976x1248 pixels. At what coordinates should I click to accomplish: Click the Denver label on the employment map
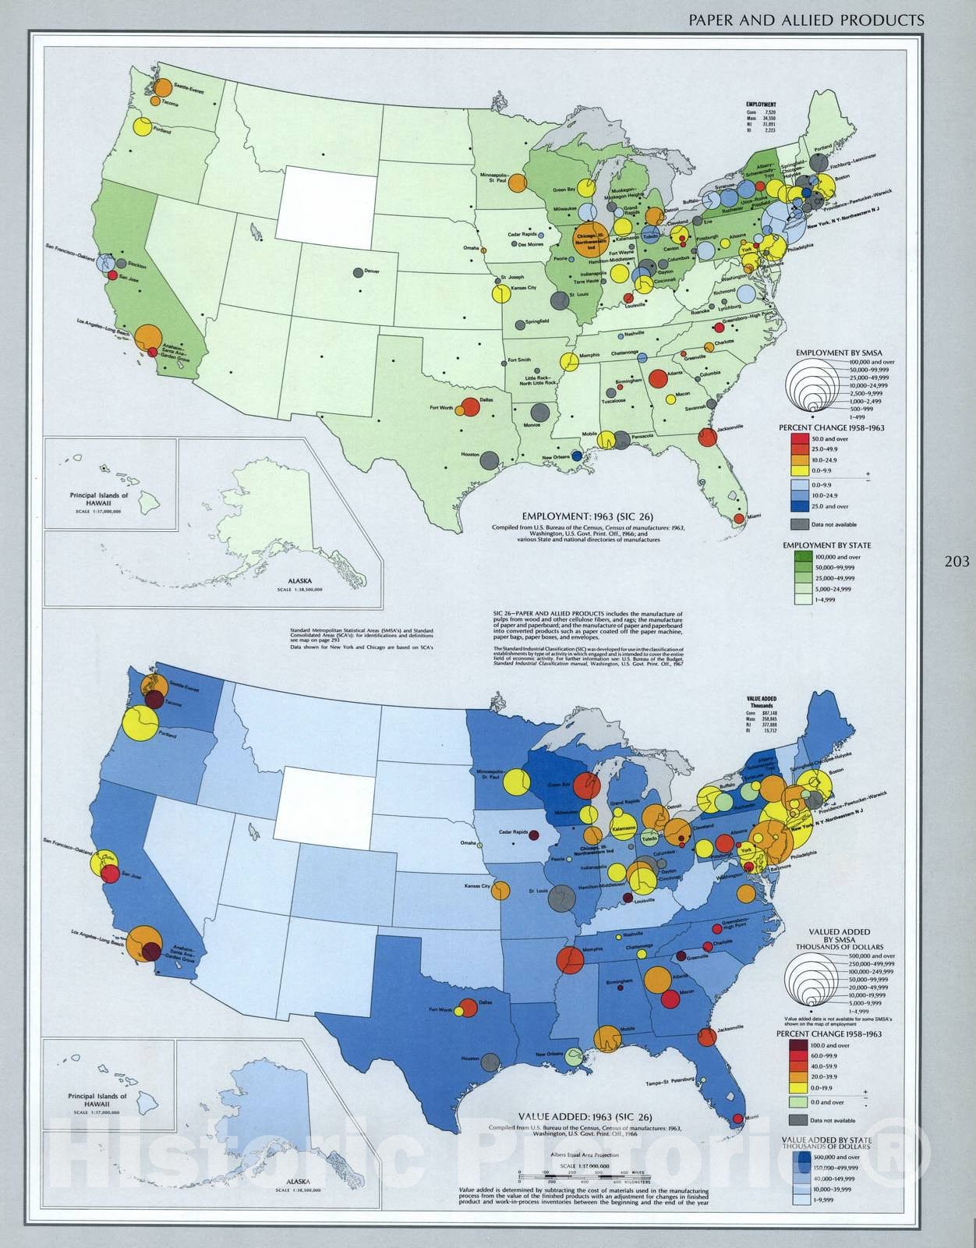pos(372,271)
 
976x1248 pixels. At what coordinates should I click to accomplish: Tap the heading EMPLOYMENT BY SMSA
pos(833,353)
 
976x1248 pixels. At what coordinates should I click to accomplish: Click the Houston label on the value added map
pos(469,1058)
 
